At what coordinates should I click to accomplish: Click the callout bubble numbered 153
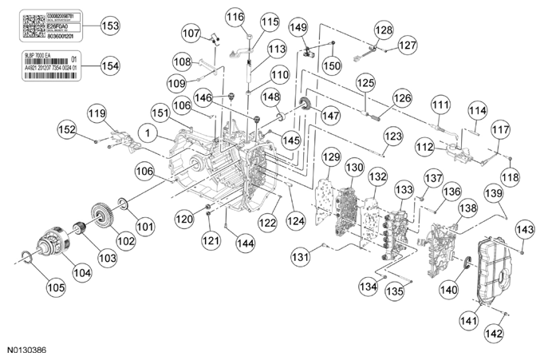click(x=111, y=26)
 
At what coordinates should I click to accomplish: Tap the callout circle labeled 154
click(x=111, y=65)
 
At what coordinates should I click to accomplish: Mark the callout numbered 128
click(x=384, y=30)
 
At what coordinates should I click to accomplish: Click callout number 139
click(x=493, y=194)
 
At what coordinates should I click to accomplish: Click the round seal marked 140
click(x=467, y=263)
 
